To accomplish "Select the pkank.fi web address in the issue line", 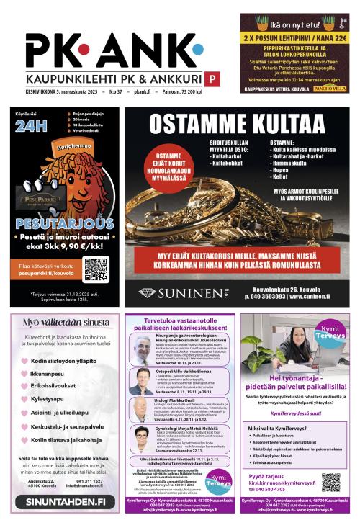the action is point(142,93).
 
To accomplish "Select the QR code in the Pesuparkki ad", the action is point(95,269).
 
